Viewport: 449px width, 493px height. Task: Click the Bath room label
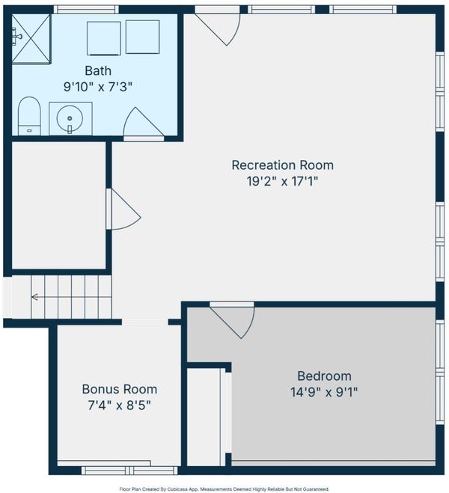click(x=98, y=71)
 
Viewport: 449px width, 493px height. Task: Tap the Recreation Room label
click(x=282, y=165)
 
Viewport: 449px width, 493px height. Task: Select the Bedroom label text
click(x=324, y=376)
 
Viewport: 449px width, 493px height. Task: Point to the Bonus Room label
click(x=120, y=389)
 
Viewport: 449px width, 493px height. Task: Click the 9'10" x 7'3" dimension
click(x=98, y=87)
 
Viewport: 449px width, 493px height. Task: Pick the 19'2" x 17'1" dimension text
click(x=282, y=182)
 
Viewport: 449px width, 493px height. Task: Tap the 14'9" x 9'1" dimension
click(x=324, y=393)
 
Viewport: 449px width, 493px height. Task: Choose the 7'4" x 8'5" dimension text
click(x=119, y=405)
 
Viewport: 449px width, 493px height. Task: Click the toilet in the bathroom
click(x=29, y=116)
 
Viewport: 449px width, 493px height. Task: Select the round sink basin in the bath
click(x=70, y=118)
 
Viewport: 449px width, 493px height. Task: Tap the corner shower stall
click(x=31, y=39)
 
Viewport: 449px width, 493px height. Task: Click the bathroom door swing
click(x=143, y=124)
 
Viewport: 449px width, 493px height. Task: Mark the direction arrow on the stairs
click(x=34, y=297)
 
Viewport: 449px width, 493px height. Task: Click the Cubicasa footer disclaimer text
click(x=224, y=489)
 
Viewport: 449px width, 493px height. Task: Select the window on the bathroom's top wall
click(x=86, y=10)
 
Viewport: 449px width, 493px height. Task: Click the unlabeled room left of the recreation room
click(x=59, y=205)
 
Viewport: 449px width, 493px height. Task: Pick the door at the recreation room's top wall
click(x=219, y=27)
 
